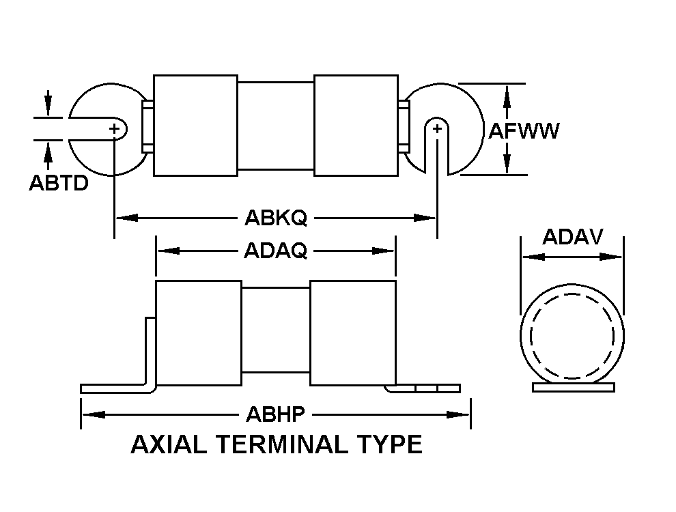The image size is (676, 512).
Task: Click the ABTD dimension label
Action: [x=59, y=183]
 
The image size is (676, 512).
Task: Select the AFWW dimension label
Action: [x=523, y=130]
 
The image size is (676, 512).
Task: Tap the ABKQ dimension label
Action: [x=276, y=218]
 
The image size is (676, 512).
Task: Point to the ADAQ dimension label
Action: [x=275, y=251]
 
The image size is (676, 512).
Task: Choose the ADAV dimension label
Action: [x=572, y=237]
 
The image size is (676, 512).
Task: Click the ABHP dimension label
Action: [x=275, y=414]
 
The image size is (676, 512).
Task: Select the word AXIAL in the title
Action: [x=169, y=444]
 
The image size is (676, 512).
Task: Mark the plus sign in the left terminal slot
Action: [x=114, y=128]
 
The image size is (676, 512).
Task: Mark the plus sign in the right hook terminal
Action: [x=437, y=128]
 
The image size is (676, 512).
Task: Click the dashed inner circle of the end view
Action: [x=572, y=294]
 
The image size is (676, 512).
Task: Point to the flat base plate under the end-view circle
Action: [x=574, y=388]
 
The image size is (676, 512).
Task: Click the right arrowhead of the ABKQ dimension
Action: [x=425, y=218]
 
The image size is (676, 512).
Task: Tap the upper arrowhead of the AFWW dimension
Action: [x=507, y=96]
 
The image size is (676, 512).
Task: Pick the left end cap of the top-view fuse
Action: [x=196, y=126]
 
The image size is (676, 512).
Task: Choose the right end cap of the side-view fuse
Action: [x=353, y=333]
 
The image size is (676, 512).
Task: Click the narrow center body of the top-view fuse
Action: [x=276, y=126]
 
